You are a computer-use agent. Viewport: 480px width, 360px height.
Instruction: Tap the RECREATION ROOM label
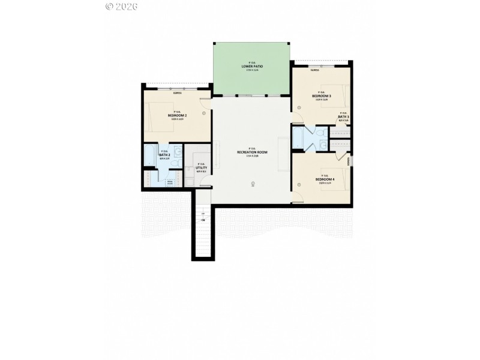[252, 152]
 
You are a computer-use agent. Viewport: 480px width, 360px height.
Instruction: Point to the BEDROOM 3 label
[322, 96]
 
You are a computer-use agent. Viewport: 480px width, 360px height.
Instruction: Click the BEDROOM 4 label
[325, 179]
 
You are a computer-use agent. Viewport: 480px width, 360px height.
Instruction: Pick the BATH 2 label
[164, 155]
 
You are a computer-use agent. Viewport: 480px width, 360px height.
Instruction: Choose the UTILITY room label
[202, 167]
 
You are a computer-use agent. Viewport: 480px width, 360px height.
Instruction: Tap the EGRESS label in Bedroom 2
[178, 94]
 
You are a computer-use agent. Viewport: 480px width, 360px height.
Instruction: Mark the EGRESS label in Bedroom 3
[314, 71]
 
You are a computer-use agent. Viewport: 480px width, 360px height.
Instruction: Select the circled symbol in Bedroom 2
[204, 112]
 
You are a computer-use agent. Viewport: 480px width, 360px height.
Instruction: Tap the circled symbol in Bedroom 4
[299, 185]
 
